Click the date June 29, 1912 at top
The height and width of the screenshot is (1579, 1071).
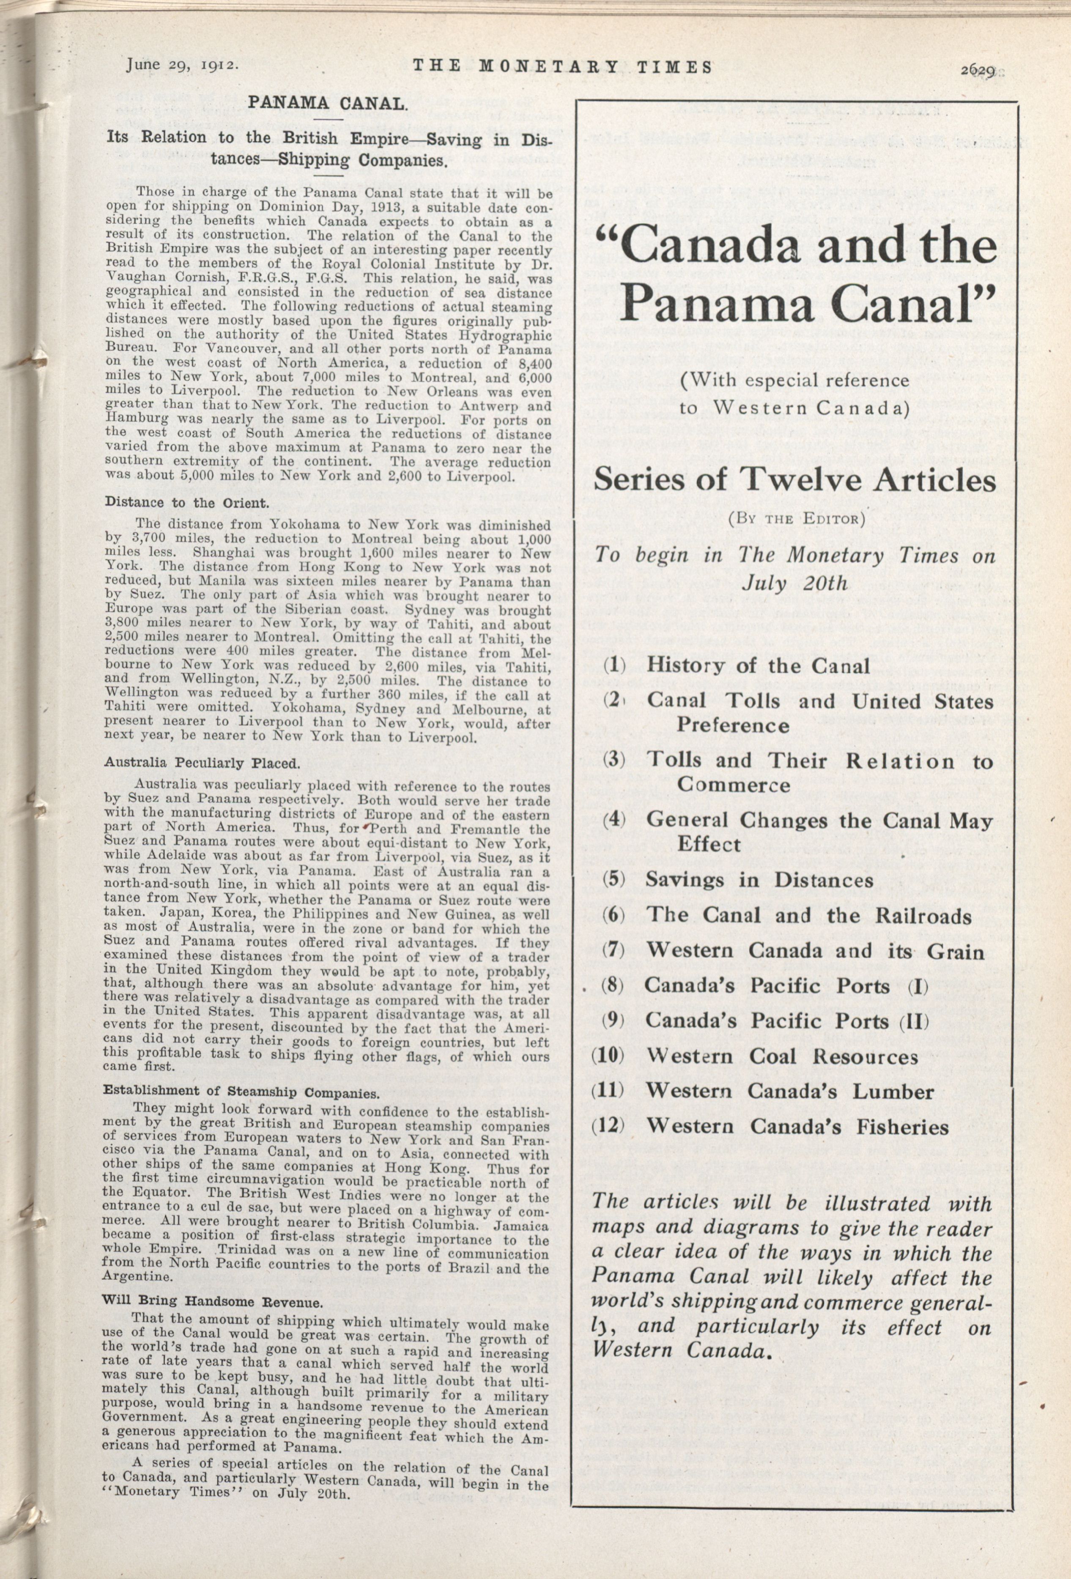(x=181, y=65)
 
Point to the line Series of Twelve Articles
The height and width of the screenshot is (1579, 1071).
(x=794, y=481)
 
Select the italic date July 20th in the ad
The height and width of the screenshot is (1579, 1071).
(x=795, y=583)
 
